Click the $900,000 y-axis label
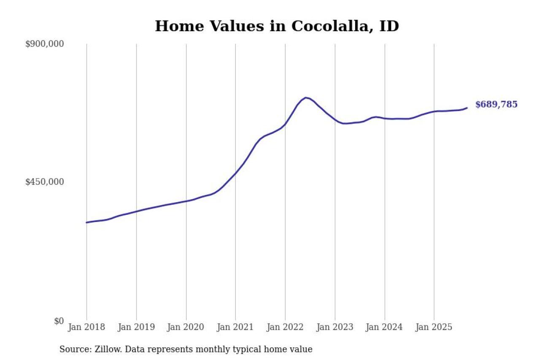pyautogui.click(x=45, y=44)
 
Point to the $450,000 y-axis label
pyautogui.click(x=45, y=182)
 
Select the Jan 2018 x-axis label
pyautogui.click(x=86, y=328)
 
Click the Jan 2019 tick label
pyautogui.click(x=136, y=328)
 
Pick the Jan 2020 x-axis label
pyautogui.click(x=186, y=328)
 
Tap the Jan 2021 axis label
pyautogui.click(x=235, y=328)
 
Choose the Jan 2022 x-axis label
pyautogui.click(x=285, y=328)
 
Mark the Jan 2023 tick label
pyautogui.click(x=335, y=328)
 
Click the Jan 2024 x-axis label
pyautogui.click(x=384, y=328)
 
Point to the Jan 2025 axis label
pyautogui.click(x=434, y=328)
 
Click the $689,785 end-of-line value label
pyautogui.click(x=496, y=105)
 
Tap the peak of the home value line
pyautogui.click(x=306, y=97)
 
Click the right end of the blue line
pyautogui.click(x=467, y=108)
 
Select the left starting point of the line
pyautogui.click(x=86, y=222)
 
